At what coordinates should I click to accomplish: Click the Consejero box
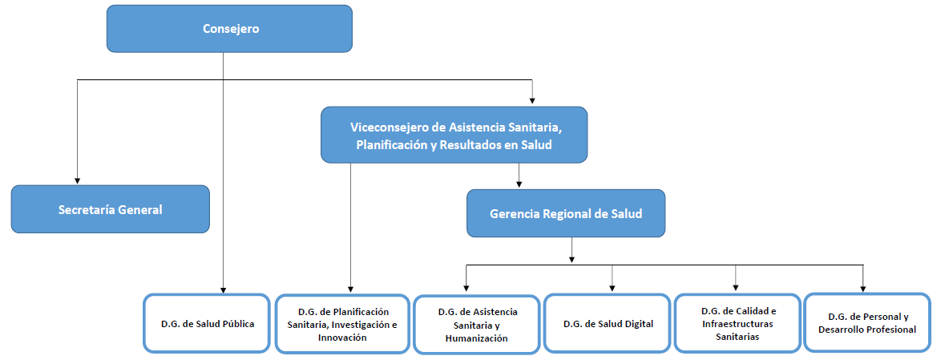pyautogui.click(x=229, y=30)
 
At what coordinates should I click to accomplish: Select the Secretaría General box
pyautogui.click(x=111, y=210)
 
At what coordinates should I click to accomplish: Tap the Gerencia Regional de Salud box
pyautogui.click(x=566, y=214)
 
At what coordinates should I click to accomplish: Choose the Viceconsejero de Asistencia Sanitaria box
pyautogui.click(x=454, y=136)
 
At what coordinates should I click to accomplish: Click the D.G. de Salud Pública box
pyautogui.click(x=207, y=324)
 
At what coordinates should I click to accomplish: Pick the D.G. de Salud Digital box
pyautogui.click(x=608, y=324)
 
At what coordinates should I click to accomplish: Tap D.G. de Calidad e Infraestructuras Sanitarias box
pyautogui.click(x=737, y=324)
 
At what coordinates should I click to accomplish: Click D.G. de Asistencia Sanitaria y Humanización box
pyautogui.click(x=476, y=325)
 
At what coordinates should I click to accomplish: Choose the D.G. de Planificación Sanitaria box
pyautogui.click(x=342, y=324)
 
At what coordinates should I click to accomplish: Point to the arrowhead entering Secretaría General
pyautogui.click(x=78, y=180)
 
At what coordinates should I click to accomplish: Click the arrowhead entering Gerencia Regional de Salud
pyautogui.click(x=519, y=184)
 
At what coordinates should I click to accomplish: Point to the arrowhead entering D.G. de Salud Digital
pyautogui.click(x=612, y=289)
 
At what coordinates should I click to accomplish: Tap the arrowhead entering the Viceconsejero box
pyautogui.click(x=532, y=102)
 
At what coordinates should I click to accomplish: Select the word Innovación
pyautogui.click(x=342, y=338)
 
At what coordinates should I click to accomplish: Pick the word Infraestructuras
pyautogui.click(x=737, y=324)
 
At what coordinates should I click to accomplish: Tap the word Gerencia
pyautogui.click(x=515, y=214)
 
